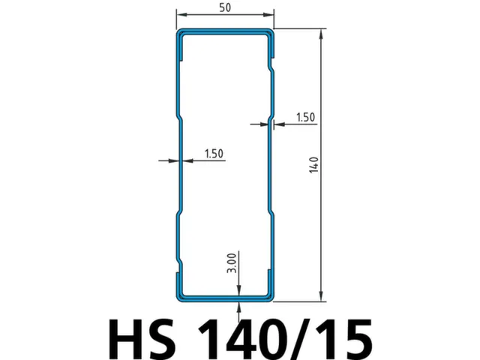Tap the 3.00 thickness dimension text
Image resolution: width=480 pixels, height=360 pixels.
click(232, 263)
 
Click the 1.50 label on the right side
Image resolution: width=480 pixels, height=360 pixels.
click(306, 117)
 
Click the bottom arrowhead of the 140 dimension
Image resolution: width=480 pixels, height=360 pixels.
click(322, 297)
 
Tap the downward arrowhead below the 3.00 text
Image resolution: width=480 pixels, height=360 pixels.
click(238, 289)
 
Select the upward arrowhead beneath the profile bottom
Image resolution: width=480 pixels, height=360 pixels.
click(238, 306)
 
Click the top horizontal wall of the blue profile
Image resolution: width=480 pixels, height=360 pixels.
click(225, 31)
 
